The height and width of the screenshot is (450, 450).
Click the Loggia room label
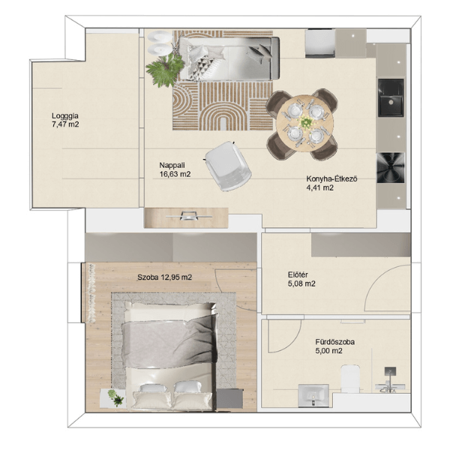pyautogui.click(x=64, y=116)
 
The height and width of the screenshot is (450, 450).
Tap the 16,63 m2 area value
pyautogui.click(x=175, y=174)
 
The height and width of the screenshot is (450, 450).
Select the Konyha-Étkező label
pyautogui.click(x=331, y=178)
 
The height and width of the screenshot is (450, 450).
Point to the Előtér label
pyautogui.click(x=298, y=274)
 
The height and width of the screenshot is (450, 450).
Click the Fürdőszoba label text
pyautogui.click(x=335, y=342)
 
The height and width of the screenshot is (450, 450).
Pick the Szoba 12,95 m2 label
pyautogui.click(x=165, y=277)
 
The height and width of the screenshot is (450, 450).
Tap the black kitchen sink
pyautogui.click(x=391, y=97)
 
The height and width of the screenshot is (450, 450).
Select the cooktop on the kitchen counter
pyautogui.click(x=391, y=167)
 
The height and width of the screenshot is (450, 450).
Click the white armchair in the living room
pyautogui.click(x=228, y=166)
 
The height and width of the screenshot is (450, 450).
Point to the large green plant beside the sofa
pyautogui.click(x=165, y=69)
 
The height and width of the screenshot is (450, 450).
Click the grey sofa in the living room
pyautogui.click(x=228, y=58)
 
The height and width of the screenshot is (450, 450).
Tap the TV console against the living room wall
pyautogui.click(x=186, y=217)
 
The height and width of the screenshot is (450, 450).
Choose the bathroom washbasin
pyautogui.click(x=313, y=396)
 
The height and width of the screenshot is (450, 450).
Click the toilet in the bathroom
pyautogui.click(x=350, y=379)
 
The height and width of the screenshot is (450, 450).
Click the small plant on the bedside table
pyautogui.click(x=115, y=397)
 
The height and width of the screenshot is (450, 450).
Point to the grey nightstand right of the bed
pyautogui.click(x=229, y=398)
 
